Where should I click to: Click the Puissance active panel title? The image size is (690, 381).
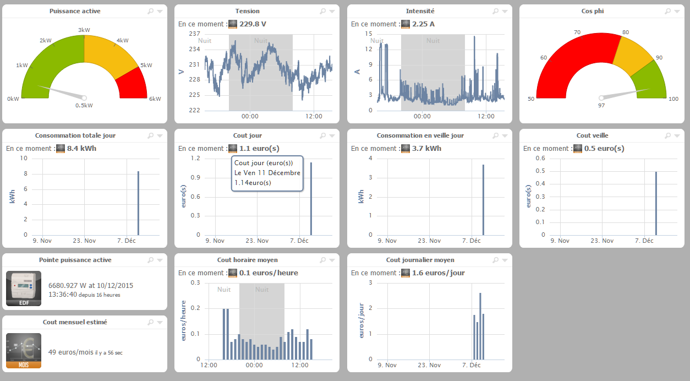(75, 11)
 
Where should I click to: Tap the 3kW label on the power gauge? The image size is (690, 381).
(84, 30)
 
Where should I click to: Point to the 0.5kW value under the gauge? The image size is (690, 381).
(84, 106)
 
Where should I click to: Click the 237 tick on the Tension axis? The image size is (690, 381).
(194, 34)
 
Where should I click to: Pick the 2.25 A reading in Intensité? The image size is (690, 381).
(424, 24)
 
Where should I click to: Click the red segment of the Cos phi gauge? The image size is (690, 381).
(572, 61)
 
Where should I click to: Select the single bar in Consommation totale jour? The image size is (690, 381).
(138, 203)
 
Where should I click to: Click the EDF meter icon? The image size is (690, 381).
(23, 289)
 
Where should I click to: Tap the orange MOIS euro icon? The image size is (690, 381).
(23, 350)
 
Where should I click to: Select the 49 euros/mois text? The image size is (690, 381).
(71, 352)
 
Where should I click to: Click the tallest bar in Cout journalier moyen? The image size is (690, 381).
(480, 326)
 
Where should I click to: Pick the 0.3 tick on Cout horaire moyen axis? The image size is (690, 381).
(195, 283)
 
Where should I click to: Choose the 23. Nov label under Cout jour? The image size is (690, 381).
(258, 241)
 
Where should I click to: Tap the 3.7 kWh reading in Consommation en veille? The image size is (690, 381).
(426, 149)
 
